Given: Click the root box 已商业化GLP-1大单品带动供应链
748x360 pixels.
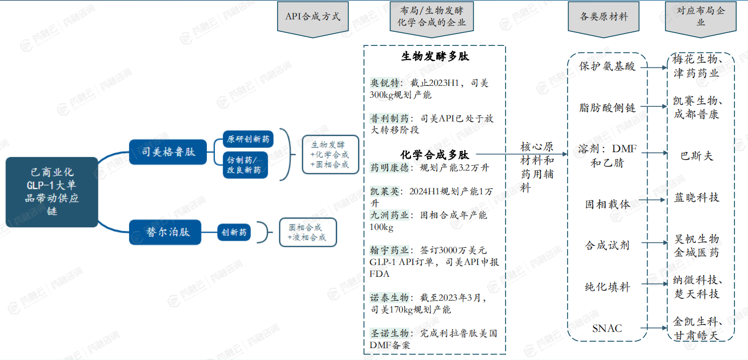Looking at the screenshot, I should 52,192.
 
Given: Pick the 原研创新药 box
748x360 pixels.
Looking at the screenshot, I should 248,139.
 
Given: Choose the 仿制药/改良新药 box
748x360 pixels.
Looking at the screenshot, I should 245,165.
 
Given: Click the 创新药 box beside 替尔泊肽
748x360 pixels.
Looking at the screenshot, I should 234,233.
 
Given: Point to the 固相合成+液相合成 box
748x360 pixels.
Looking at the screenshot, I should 307,232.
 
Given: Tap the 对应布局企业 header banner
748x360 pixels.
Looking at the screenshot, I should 700,17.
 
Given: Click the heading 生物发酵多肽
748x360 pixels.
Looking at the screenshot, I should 435,57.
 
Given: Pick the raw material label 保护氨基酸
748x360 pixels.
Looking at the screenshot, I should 607,67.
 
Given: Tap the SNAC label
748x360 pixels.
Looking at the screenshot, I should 607,328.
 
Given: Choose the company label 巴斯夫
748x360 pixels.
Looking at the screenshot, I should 697,156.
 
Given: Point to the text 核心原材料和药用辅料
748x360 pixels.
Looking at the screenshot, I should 537,167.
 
